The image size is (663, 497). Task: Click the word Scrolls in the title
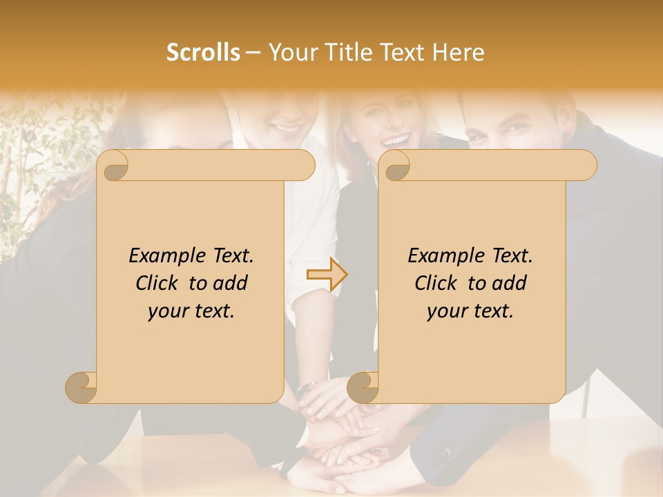(204, 52)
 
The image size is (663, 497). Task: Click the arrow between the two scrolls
(327, 274)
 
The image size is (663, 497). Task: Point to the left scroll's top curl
(113, 166)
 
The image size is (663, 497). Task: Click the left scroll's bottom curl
(81, 387)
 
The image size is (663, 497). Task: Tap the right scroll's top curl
(395, 166)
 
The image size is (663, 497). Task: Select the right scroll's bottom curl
(363, 387)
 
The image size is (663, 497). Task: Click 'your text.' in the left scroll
(191, 311)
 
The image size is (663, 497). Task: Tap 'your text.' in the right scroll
(470, 311)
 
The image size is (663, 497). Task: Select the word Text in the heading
(399, 52)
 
